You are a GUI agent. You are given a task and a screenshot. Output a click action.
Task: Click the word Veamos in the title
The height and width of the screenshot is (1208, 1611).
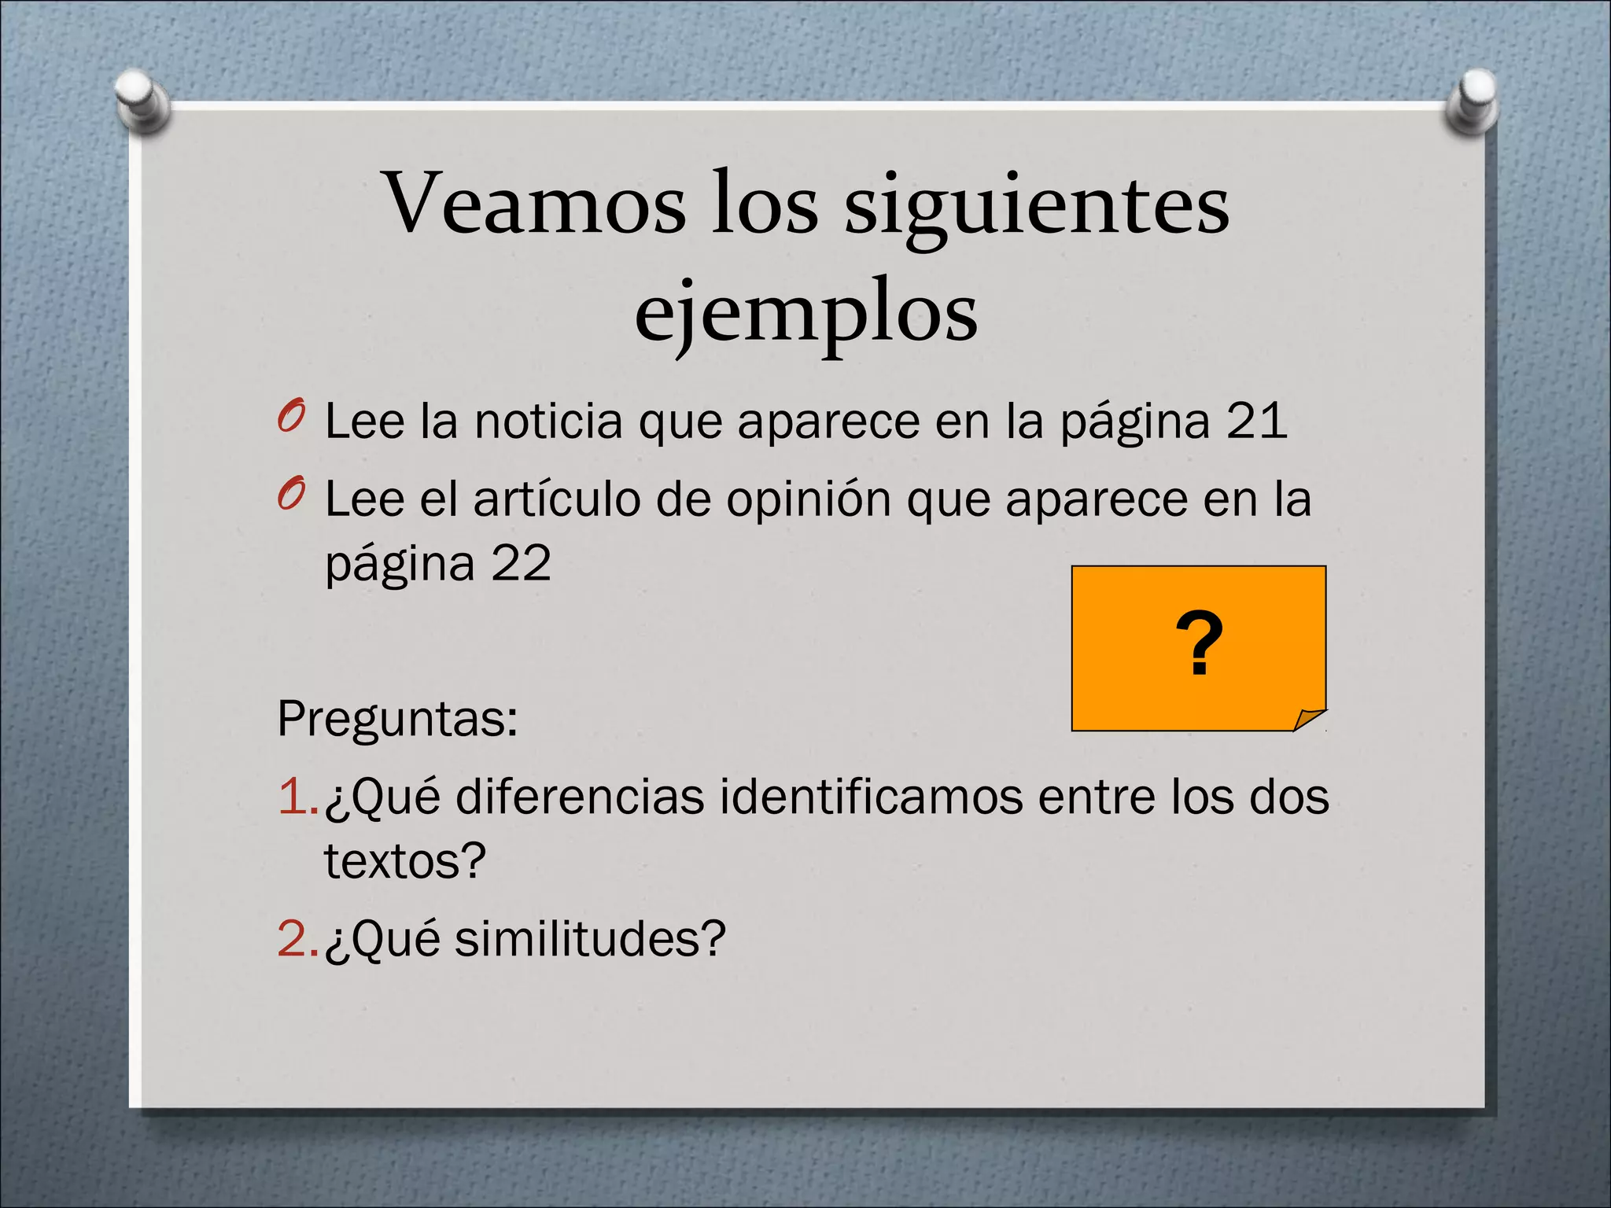535,203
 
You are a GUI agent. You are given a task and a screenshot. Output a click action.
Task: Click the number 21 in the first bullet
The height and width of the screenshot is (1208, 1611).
1256,421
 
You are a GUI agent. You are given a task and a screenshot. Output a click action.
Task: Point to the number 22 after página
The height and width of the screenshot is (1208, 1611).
521,563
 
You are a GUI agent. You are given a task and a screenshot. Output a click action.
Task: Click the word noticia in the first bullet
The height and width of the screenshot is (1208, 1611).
548,421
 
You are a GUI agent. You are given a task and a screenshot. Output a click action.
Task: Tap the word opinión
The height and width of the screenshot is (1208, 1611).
808,500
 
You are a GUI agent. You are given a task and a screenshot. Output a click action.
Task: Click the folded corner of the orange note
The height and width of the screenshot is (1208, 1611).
1310,719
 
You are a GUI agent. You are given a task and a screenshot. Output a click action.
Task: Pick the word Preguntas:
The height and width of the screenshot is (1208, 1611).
397,718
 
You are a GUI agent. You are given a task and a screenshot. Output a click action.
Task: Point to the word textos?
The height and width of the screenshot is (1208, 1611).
405,861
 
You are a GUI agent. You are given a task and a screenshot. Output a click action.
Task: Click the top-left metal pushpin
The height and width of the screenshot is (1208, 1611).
142,101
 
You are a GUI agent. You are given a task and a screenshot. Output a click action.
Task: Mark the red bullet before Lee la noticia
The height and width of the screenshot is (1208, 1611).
290,418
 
